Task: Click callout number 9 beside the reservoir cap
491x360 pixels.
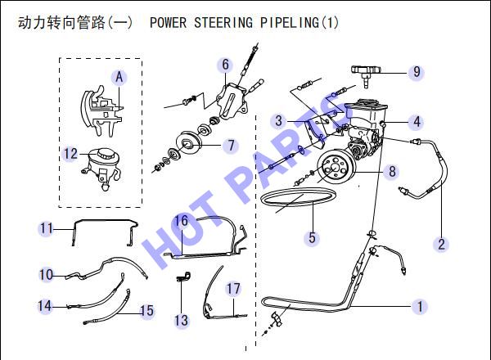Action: pos(417,72)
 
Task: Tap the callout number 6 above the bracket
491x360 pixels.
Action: pos(226,65)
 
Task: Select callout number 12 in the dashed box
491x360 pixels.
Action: pos(70,154)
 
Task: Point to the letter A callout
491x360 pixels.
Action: pos(119,77)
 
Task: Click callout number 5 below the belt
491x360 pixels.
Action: pos(312,237)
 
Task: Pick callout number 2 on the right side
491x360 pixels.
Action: pos(442,244)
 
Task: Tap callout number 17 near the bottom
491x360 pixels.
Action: pos(233,289)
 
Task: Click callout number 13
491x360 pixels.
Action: pos(181,320)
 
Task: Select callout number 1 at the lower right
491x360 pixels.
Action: pos(420,306)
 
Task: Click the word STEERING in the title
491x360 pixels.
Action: pos(223,23)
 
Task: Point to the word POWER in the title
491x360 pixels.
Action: pos(168,23)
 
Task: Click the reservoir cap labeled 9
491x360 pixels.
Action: pos(366,73)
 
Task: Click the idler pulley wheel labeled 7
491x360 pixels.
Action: pos(189,142)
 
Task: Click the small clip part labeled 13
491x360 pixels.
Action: pos(184,277)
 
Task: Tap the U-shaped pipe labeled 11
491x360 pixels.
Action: pos(105,221)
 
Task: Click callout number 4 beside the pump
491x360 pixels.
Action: pos(417,122)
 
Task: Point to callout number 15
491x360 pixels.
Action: pos(146,311)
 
